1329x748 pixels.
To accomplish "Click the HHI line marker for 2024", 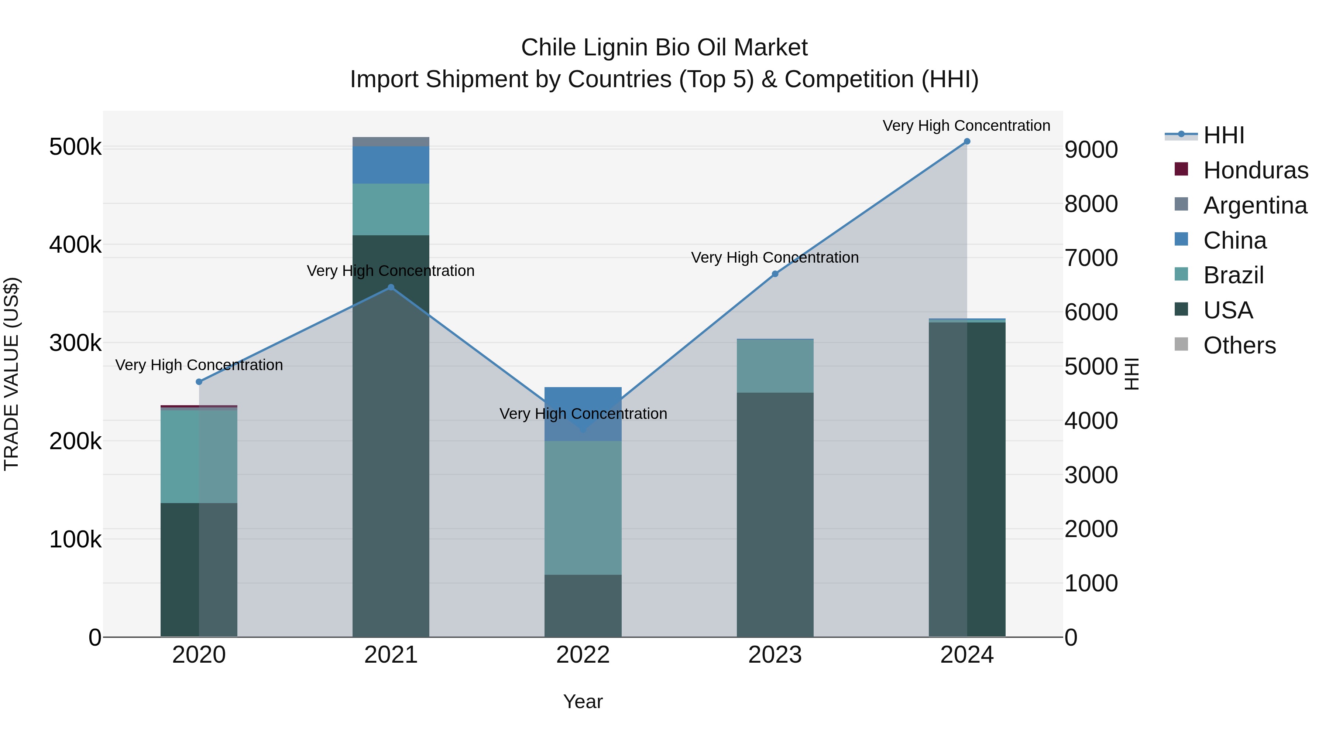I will [x=967, y=141].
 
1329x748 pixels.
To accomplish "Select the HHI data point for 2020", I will [x=199, y=382].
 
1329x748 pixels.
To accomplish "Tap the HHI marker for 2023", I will [x=775, y=274].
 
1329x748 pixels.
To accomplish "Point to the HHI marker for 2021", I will [x=391, y=287].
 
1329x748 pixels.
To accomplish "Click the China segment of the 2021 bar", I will [x=391, y=165].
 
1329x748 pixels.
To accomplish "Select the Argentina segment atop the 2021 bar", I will [x=391, y=141].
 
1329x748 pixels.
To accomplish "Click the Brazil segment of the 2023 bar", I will [x=775, y=366].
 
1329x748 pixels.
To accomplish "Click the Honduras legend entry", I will [x=1255, y=170].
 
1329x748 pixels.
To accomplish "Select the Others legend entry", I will [x=1239, y=345].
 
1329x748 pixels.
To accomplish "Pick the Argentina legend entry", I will [x=1255, y=205].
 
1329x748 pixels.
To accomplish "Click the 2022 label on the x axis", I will [x=583, y=655].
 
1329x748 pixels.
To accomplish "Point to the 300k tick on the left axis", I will [x=75, y=343].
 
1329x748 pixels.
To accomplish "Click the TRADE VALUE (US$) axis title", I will [x=11, y=374].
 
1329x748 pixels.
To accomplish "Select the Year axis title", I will [x=583, y=701].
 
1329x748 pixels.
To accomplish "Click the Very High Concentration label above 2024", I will [x=966, y=126].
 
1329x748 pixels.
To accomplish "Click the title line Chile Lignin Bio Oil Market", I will [x=664, y=48].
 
